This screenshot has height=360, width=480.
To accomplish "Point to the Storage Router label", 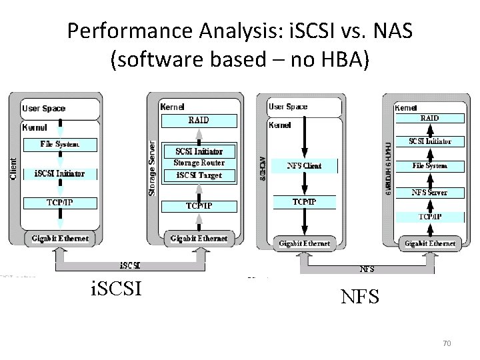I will pyautogui.click(x=199, y=163).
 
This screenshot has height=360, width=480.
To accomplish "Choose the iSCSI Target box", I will pyautogui.click(x=199, y=176).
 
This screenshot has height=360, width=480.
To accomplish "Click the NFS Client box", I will pyautogui.click(x=303, y=165).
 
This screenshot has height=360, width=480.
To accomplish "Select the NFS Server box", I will pyautogui.click(x=429, y=192).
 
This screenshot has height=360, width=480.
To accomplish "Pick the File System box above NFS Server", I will pyautogui.click(x=429, y=165).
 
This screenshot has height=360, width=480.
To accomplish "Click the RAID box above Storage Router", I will pyautogui.click(x=199, y=120).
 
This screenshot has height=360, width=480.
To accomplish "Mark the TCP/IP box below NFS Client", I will pyautogui.click(x=304, y=201).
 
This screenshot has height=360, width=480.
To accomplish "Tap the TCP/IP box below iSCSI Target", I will pyautogui.click(x=199, y=205).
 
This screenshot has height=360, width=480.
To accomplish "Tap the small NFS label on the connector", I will pyautogui.click(x=367, y=269).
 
